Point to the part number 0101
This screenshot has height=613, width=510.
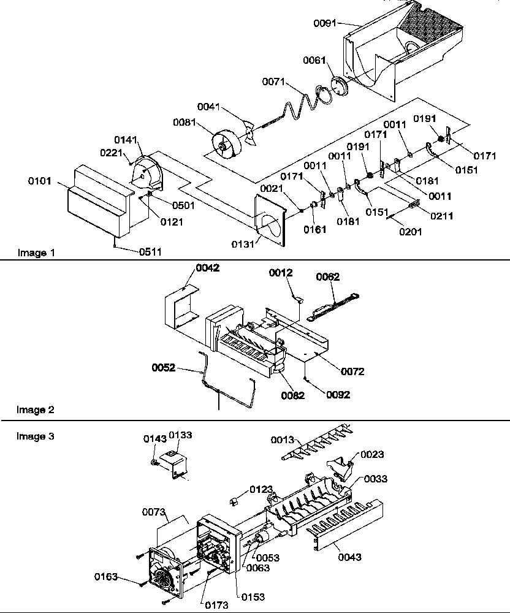pyautogui.click(x=39, y=181)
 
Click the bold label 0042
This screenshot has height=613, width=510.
pyautogui.click(x=207, y=268)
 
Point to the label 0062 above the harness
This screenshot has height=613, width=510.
pyautogui.click(x=327, y=277)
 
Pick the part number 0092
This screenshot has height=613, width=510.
pyautogui.click(x=338, y=395)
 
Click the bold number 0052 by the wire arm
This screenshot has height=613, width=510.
pyautogui.click(x=164, y=368)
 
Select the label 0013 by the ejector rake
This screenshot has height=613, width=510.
pyautogui.click(x=284, y=440)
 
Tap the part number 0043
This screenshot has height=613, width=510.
pyautogui.click(x=349, y=557)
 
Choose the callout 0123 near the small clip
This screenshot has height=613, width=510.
pyautogui.click(x=261, y=489)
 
